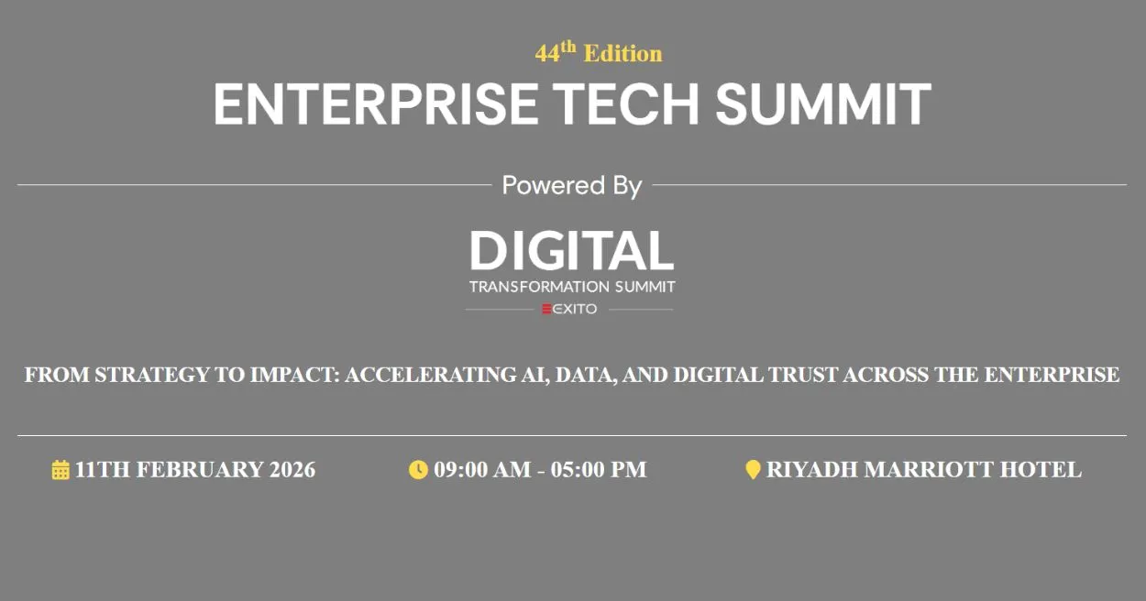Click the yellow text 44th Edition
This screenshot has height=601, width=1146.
599,52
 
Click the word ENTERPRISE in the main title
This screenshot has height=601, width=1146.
376,104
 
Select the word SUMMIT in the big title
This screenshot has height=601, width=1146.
823,104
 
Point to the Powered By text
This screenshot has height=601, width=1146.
572,185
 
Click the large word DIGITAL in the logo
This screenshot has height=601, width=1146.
572,250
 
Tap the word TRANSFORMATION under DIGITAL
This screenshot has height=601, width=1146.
539,287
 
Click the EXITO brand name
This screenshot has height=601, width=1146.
575,309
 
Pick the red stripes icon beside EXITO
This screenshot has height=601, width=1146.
547,309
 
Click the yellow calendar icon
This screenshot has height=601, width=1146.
61,470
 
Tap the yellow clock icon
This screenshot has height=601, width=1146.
418,470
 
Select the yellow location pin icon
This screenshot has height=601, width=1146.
753,470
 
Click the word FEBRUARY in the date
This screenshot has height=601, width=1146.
200,470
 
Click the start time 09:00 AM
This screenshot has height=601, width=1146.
482,470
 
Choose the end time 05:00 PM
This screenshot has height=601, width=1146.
599,470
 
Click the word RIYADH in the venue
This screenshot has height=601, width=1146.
812,470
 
